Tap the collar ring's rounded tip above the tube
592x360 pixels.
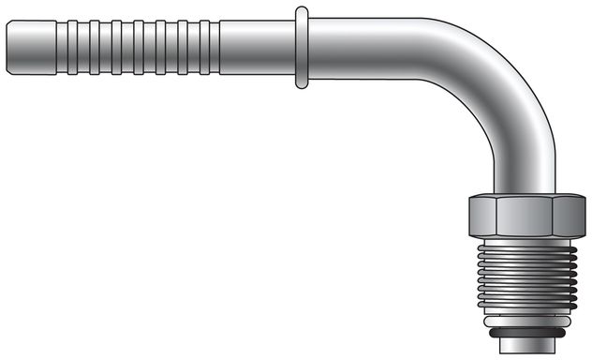(x=301, y=12)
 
